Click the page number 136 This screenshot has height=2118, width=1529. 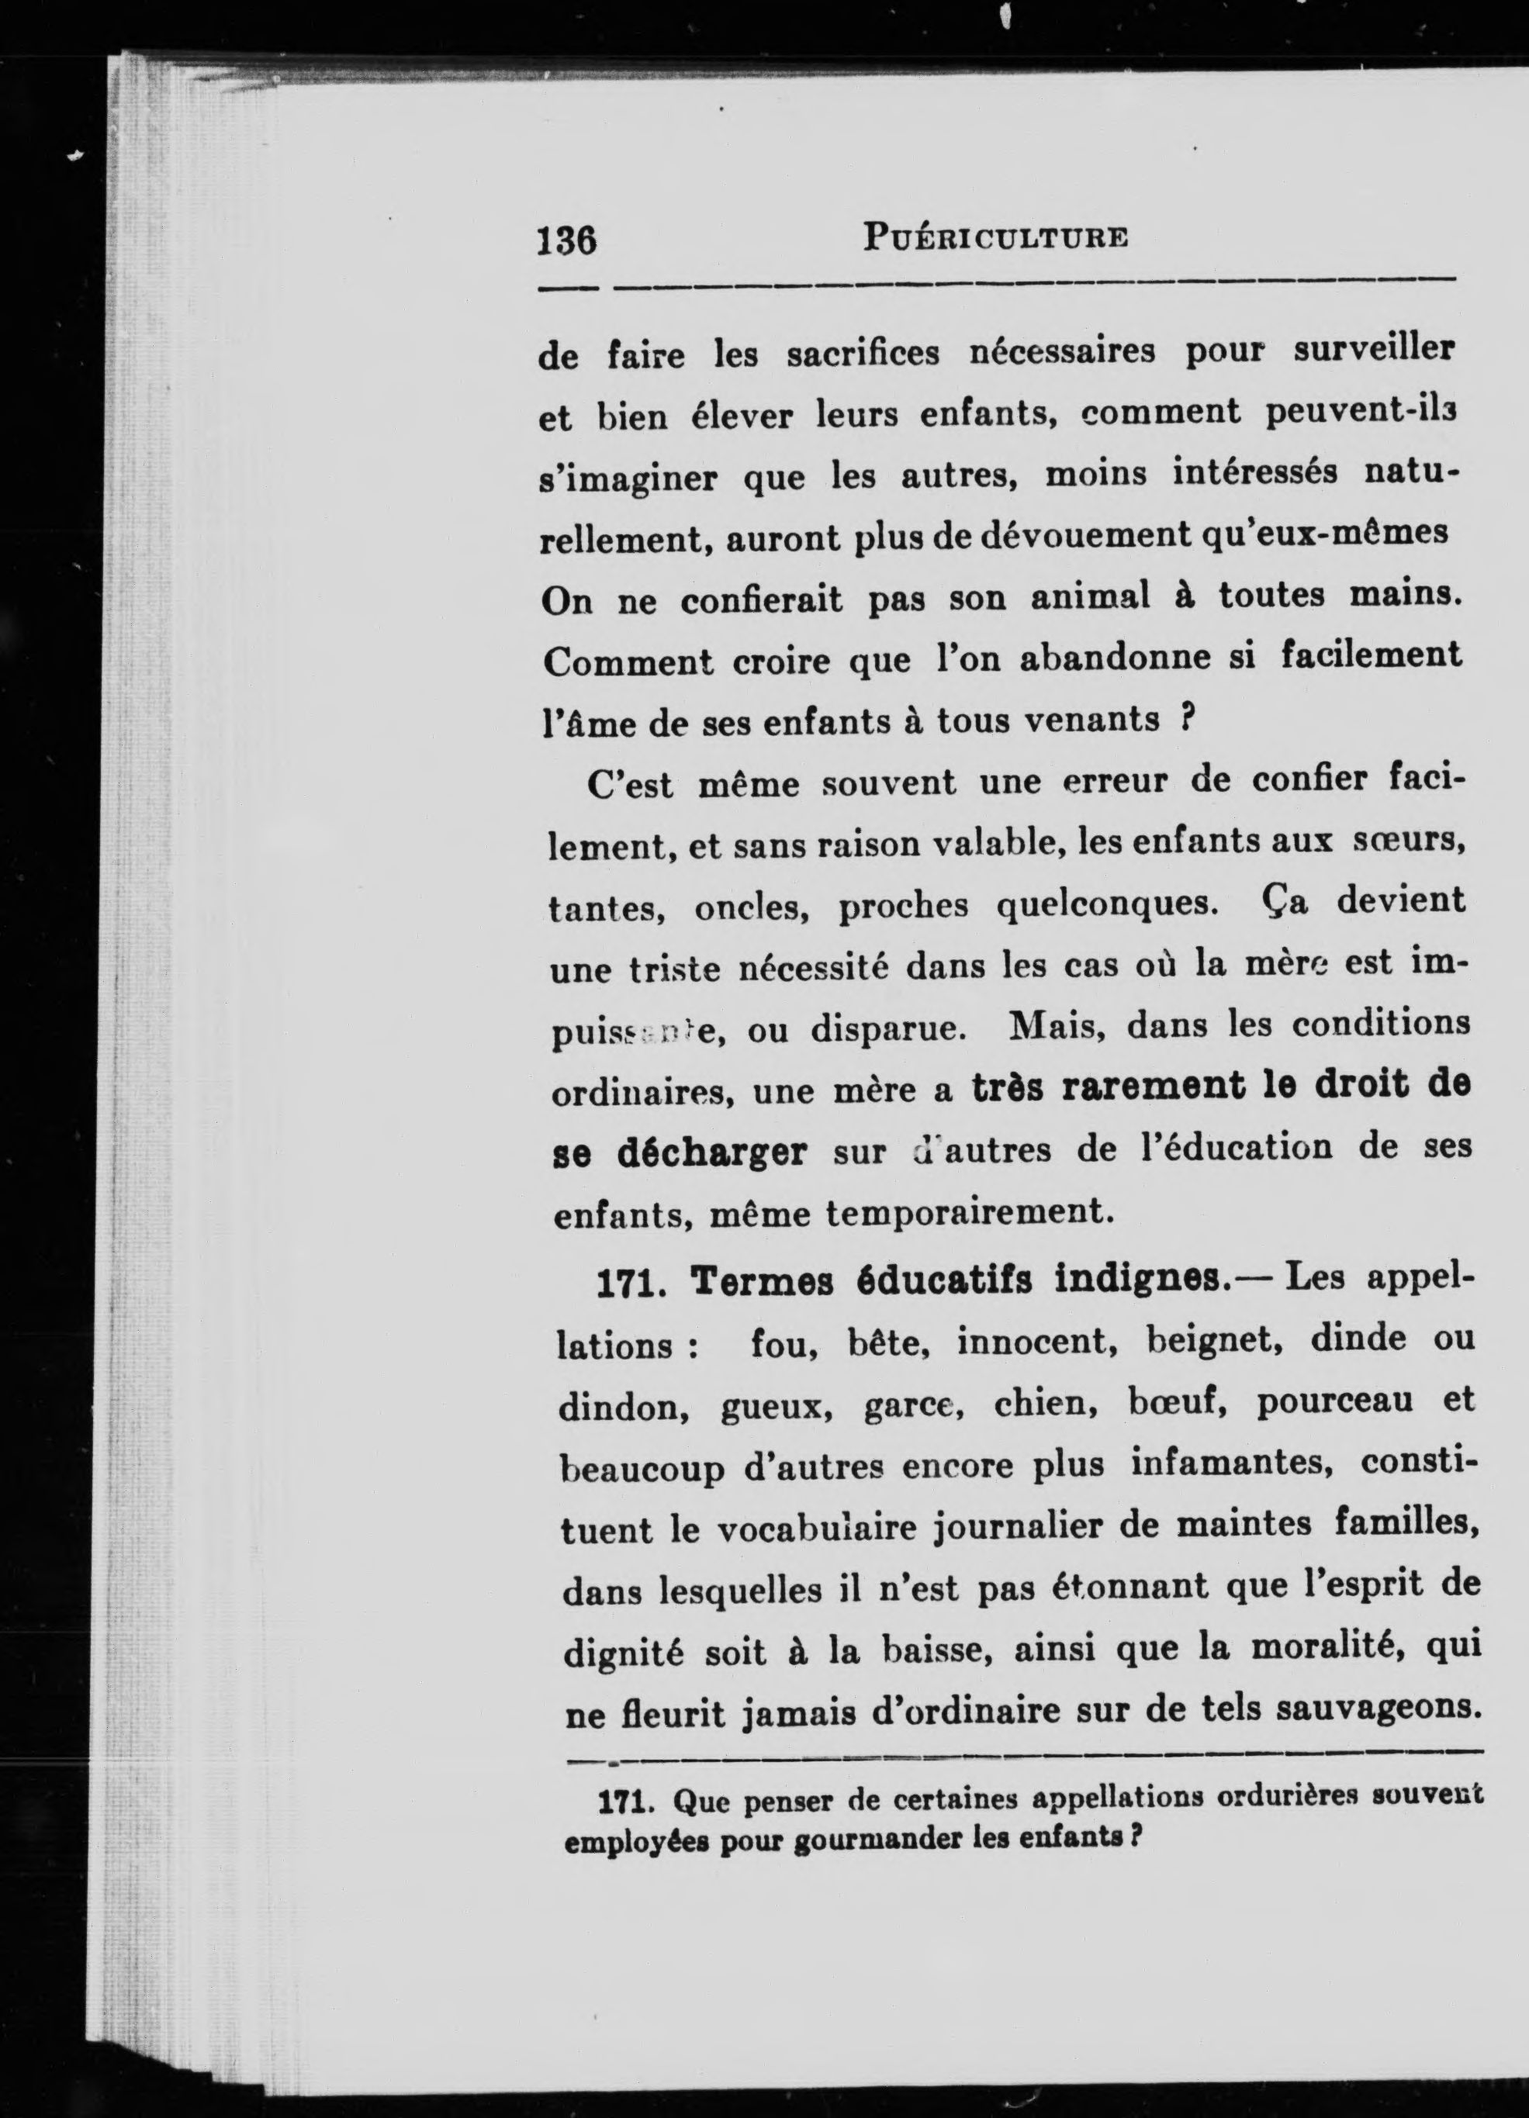566,242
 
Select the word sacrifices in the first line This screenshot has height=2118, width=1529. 863,355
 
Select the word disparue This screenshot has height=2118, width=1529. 884,1028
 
